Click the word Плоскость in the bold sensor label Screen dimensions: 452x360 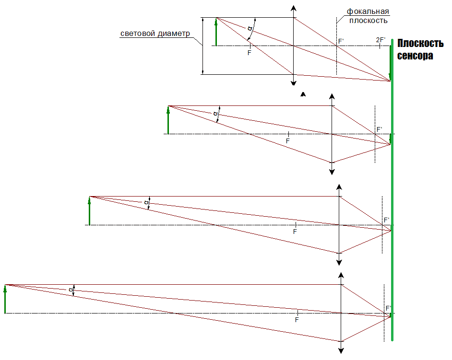click(420, 43)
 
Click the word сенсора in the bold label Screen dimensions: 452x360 click(415, 55)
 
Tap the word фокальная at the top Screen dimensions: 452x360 click(368, 12)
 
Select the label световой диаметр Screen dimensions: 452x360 click(155, 34)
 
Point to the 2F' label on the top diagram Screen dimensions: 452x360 click(381, 40)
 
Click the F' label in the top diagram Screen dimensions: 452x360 click(341, 41)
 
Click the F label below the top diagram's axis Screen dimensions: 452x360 click(250, 53)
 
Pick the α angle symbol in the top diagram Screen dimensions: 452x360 click(250, 28)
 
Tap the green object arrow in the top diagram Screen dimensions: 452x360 click(216, 32)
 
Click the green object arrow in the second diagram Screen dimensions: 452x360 click(168, 120)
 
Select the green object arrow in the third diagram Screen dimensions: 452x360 click(89, 211)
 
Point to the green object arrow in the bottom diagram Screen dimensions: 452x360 click(5, 299)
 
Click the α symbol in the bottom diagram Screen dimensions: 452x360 click(71, 290)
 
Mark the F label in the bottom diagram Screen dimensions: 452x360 click(297, 320)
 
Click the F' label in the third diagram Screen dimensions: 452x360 click(387, 220)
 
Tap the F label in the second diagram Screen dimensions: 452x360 click(288, 141)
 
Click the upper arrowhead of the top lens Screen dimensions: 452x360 click(294, 8)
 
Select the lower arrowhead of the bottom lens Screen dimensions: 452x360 click(341, 351)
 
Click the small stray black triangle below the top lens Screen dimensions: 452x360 click(303, 94)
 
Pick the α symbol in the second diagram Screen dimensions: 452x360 click(215, 114)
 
